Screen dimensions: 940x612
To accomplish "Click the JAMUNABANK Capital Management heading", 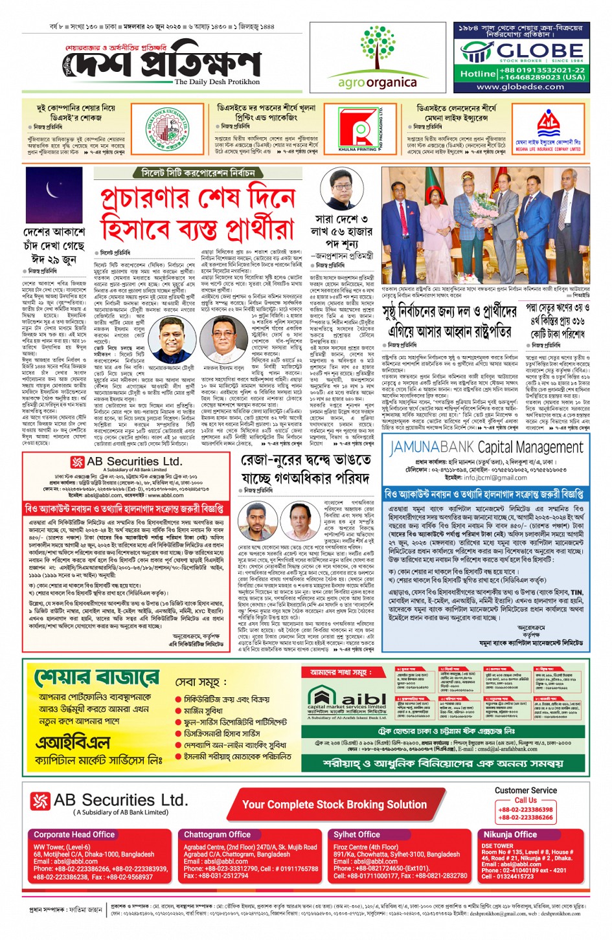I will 486,447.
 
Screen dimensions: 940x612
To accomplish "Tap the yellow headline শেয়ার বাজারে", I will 96,678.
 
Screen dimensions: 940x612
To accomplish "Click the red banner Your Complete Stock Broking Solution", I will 334,805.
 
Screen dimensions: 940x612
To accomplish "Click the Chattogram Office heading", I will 217,834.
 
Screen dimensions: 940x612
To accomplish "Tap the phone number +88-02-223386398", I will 525,810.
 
